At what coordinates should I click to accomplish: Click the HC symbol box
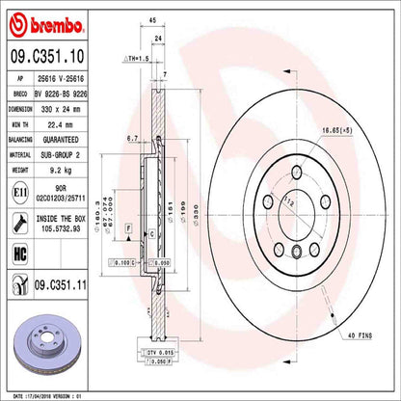(x=17, y=254)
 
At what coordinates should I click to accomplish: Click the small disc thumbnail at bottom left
(x=40, y=347)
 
